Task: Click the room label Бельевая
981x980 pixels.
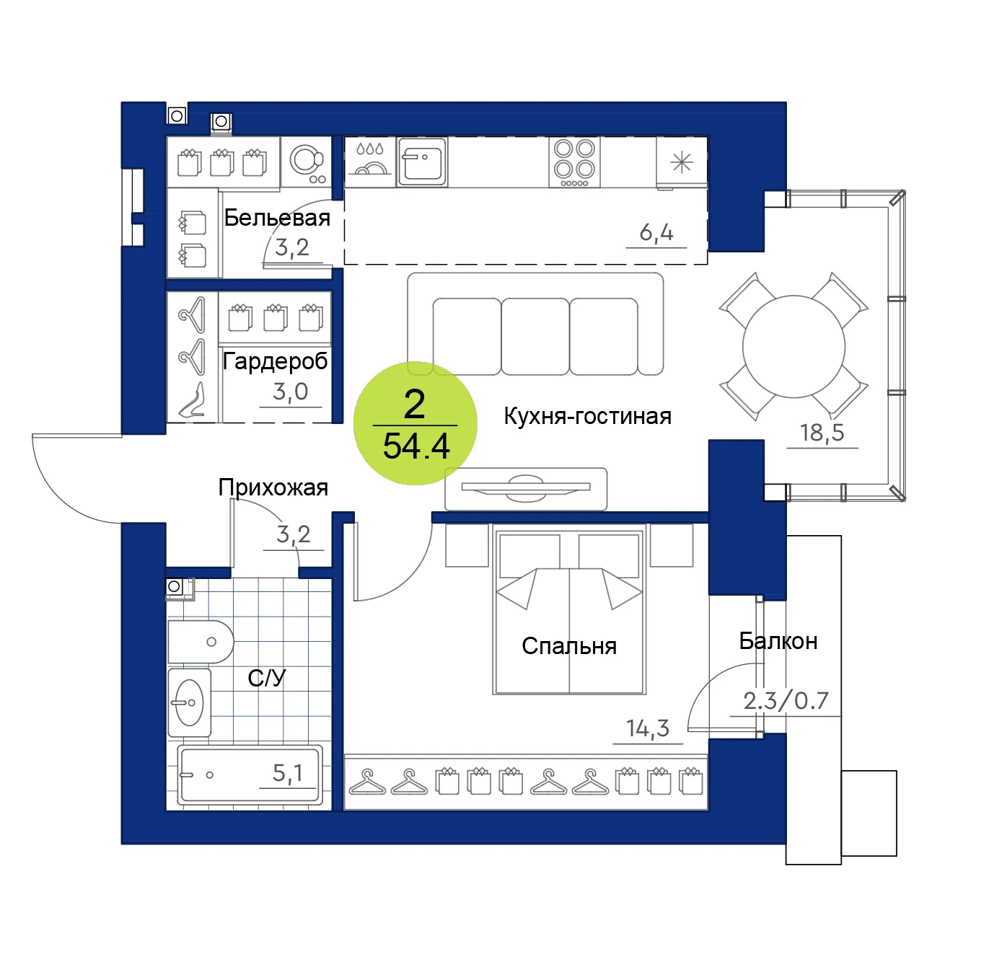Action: click(277, 218)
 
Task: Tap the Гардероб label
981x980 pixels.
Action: click(276, 362)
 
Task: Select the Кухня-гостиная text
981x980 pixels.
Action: click(587, 416)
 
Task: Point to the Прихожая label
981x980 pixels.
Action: click(273, 487)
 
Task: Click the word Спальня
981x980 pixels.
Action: click(569, 646)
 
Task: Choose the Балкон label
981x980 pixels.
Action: click(778, 641)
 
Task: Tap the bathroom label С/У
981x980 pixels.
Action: click(267, 678)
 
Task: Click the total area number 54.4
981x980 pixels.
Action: click(416, 446)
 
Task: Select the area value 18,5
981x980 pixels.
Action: click(822, 433)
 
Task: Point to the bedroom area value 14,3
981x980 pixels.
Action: click(648, 728)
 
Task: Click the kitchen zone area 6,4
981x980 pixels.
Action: click(656, 233)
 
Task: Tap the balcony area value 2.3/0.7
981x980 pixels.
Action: click(786, 701)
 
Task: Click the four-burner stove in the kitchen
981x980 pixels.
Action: click(574, 162)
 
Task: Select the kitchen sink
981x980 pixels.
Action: click(422, 162)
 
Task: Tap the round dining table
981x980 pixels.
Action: click(793, 347)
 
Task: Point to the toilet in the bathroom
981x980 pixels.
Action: click(201, 642)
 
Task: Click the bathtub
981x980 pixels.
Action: click(250, 775)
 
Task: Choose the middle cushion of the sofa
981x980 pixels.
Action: click(535, 337)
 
